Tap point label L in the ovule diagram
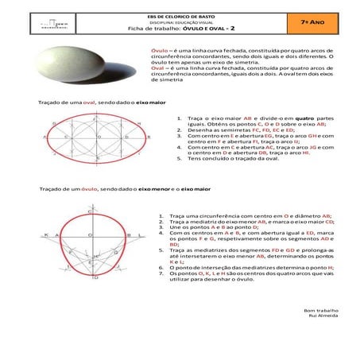(x=140, y=235)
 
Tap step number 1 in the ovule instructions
(x=161, y=215)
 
